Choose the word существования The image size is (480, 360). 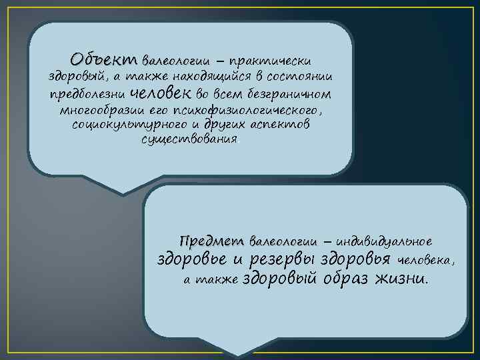point(189,141)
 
